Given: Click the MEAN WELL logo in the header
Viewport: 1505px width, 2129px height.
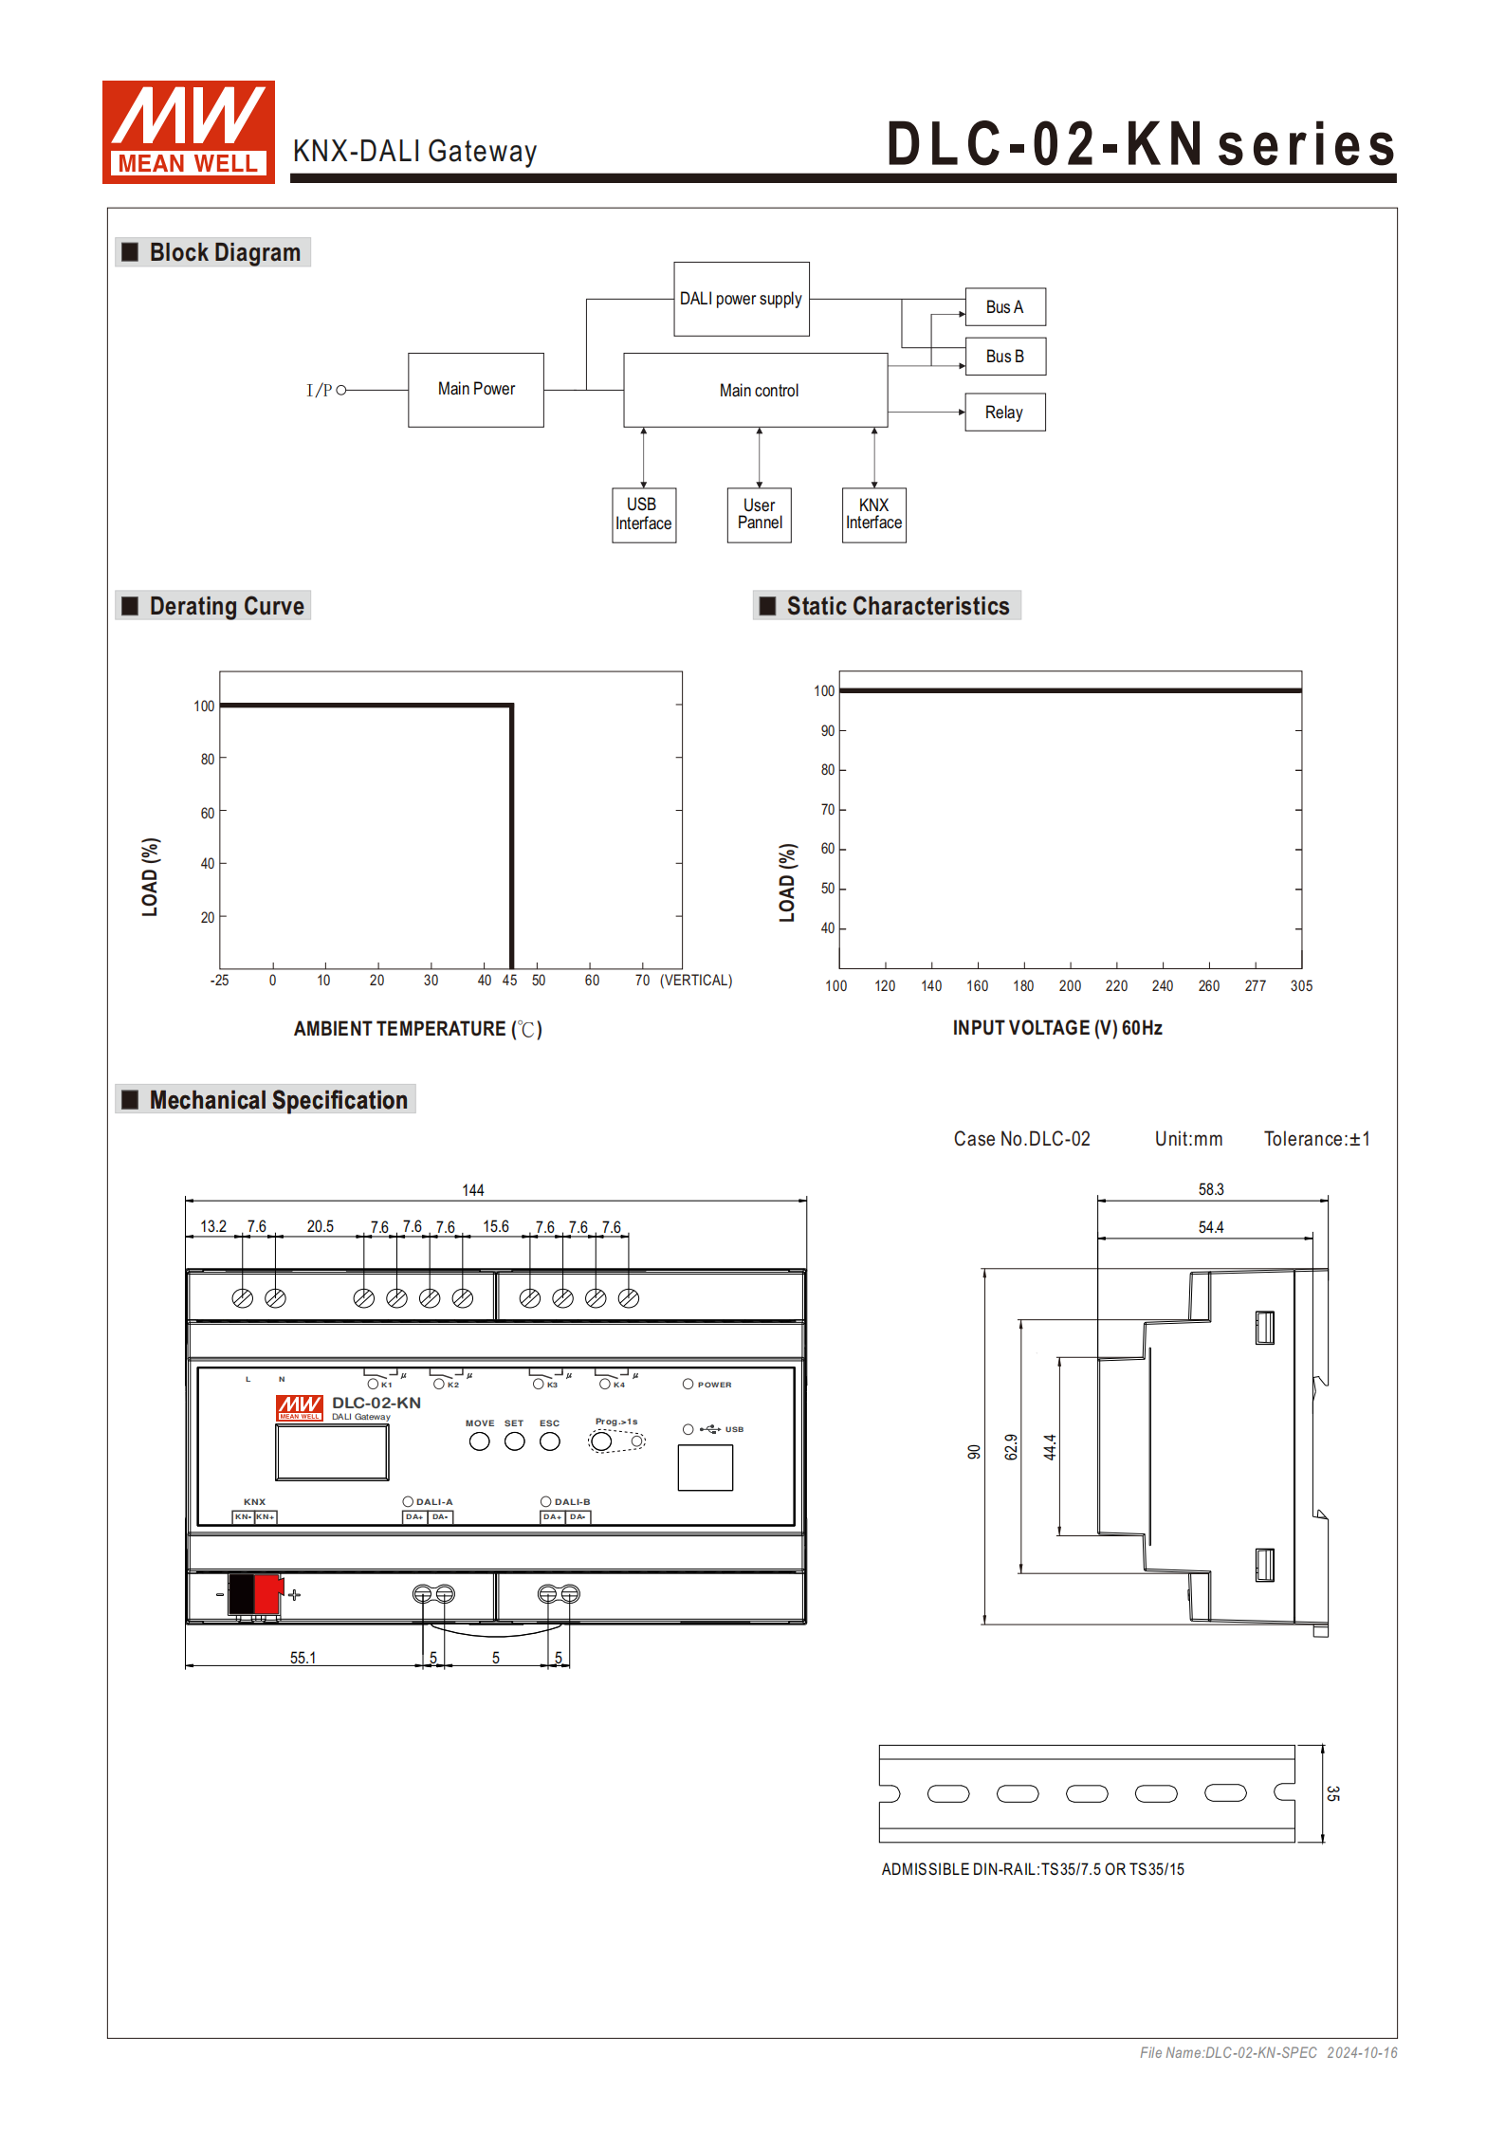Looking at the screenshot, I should pyautogui.click(x=188, y=132).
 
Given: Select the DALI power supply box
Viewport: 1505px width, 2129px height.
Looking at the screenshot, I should pyautogui.click(x=741, y=299).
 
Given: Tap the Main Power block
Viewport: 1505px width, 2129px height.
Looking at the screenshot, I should pyautogui.click(x=475, y=390).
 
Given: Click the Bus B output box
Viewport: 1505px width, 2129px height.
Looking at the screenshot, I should pyautogui.click(x=1004, y=357).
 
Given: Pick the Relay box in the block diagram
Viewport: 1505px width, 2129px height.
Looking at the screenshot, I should pyautogui.click(x=1004, y=413).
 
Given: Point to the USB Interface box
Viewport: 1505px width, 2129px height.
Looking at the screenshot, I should pyautogui.click(x=643, y=514).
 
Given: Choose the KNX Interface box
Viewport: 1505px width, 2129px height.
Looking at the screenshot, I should pyautogui.click(x=873, y=514).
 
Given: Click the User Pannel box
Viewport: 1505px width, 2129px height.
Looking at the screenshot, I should pyautogui.click(x=759, y=514).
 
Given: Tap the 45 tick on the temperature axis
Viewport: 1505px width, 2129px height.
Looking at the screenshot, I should pyautogui.click(x=509, y=981).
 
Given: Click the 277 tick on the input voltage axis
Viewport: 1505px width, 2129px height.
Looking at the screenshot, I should pyautogui.click(x=1255, y=986).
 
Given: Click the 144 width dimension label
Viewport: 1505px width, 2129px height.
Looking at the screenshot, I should pyautogui.click(x=472, y=1190).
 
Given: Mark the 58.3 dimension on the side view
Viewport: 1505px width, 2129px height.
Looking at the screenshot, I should pyautogui.click(x=1210, y=1189).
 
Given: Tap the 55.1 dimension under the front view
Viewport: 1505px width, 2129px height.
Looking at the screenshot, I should pyautogui.click(x=303, y=1658).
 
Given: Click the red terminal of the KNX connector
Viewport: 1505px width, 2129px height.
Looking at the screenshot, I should pyautogui.click(x=268, y=1594).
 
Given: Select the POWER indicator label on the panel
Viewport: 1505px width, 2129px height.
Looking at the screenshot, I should pyautogui.click(x=714, y=1385).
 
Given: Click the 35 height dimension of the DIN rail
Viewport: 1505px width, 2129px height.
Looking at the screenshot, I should pyautogui.click(x=1332, y=1793).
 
